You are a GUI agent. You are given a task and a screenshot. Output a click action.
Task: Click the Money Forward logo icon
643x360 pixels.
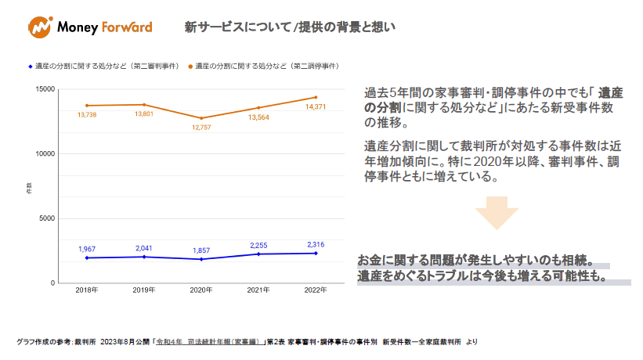point(39,27)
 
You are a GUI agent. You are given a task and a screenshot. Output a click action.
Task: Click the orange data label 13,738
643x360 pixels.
point(86,115)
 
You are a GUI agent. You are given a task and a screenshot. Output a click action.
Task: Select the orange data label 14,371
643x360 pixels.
point(315,106)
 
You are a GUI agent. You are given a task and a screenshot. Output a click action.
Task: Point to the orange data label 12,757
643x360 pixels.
point(201,127)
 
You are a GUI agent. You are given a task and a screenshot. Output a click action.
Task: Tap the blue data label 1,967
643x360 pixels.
point(86,249)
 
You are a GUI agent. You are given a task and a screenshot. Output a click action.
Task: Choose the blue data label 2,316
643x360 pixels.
point(315,244)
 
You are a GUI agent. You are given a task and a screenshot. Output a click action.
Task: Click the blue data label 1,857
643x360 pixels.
point(201,250)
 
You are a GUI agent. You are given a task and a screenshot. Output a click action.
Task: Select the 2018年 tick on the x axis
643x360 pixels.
point(86,290)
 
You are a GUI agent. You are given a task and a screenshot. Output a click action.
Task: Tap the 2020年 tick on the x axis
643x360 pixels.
point(201,290)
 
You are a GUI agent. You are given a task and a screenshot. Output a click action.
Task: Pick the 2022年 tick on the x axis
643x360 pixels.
point(316,290)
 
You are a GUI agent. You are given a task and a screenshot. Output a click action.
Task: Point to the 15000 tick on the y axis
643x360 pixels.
point(45,89)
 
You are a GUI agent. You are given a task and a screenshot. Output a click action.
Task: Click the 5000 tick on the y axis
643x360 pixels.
point(48,218)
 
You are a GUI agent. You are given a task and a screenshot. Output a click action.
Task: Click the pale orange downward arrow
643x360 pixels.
point(497,212)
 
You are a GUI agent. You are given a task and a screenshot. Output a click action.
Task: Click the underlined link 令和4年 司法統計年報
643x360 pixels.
point(208,342)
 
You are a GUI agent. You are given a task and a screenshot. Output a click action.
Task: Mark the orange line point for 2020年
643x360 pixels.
point(201,118)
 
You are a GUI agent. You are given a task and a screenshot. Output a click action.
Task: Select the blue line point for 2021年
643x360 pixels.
point(258,254)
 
